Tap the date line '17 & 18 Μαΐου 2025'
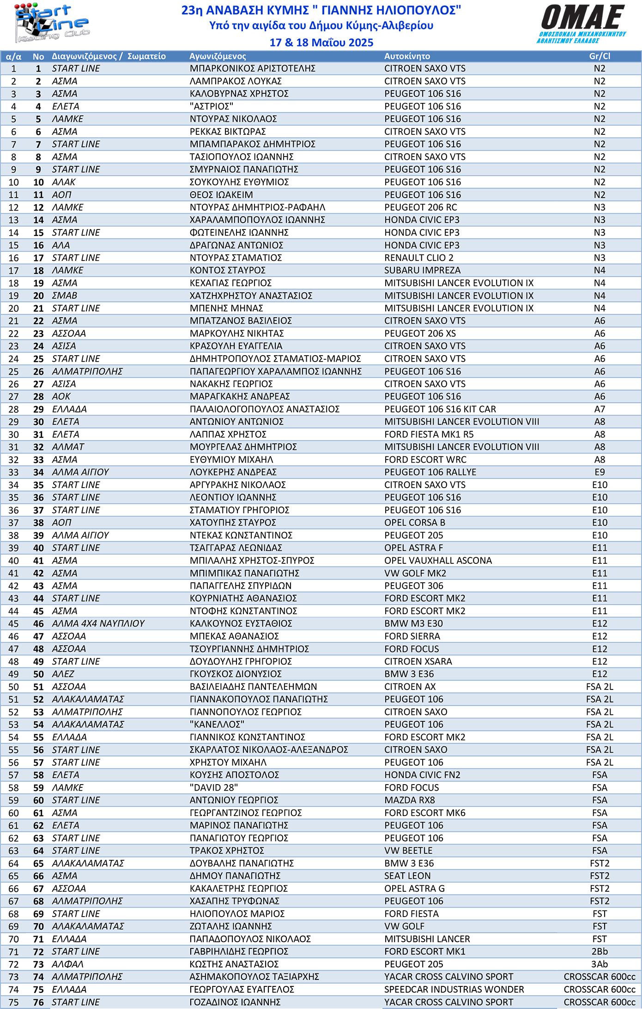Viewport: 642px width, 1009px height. pyautogui.click(x=321, y=42)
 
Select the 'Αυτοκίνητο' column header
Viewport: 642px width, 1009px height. pyautogui.click(x=407, y=56)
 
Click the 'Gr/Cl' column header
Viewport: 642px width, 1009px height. pyautogui.click(x=600, y=56)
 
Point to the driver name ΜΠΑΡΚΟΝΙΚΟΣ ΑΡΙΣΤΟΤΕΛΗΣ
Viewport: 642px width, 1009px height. pyautogui.click(x=253, y=69)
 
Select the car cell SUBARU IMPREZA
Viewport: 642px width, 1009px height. pyautogui.click(x=422, y=271)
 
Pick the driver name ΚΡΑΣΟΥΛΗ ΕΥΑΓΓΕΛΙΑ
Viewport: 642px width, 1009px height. pyautogui.click(x=236, y=346)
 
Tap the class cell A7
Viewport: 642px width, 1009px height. pyautogui.click(x=600, y=409)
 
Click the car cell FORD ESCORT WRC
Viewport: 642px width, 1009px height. pyautogui.click(x=425, y=460)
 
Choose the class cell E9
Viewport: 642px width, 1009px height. pyautogui.click(x=600, y=472)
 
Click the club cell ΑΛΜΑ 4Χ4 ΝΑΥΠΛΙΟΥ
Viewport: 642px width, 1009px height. pyautogui.click(x=98, y=624)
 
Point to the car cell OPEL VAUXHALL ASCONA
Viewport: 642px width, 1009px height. pyautogui.click(x=438, y=561)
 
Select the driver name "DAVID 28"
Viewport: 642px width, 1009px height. pyautogui.click(x=214, y=788)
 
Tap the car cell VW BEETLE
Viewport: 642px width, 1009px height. pyautogui.click(x=408, y=851)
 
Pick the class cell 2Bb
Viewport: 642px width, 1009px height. pyautogui.click(x=600, y=952)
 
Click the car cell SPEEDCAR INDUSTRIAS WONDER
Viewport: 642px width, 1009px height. pyautogui.click(x=454, y=990)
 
